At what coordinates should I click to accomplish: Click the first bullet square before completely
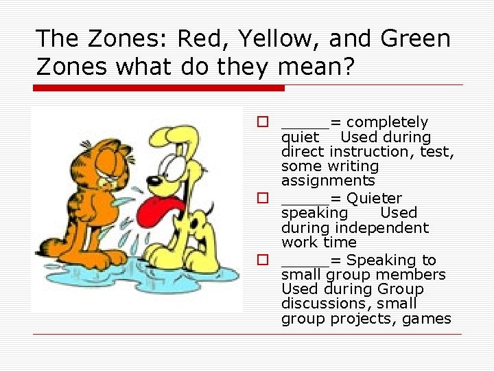coord(261,122)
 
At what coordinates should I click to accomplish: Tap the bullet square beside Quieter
coord(261,199)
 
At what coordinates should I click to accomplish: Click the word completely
coord(388,122)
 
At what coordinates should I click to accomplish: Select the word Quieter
coord(375,199)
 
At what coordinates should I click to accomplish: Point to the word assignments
coord(328,181)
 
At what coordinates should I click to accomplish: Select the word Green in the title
coord(414,39)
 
